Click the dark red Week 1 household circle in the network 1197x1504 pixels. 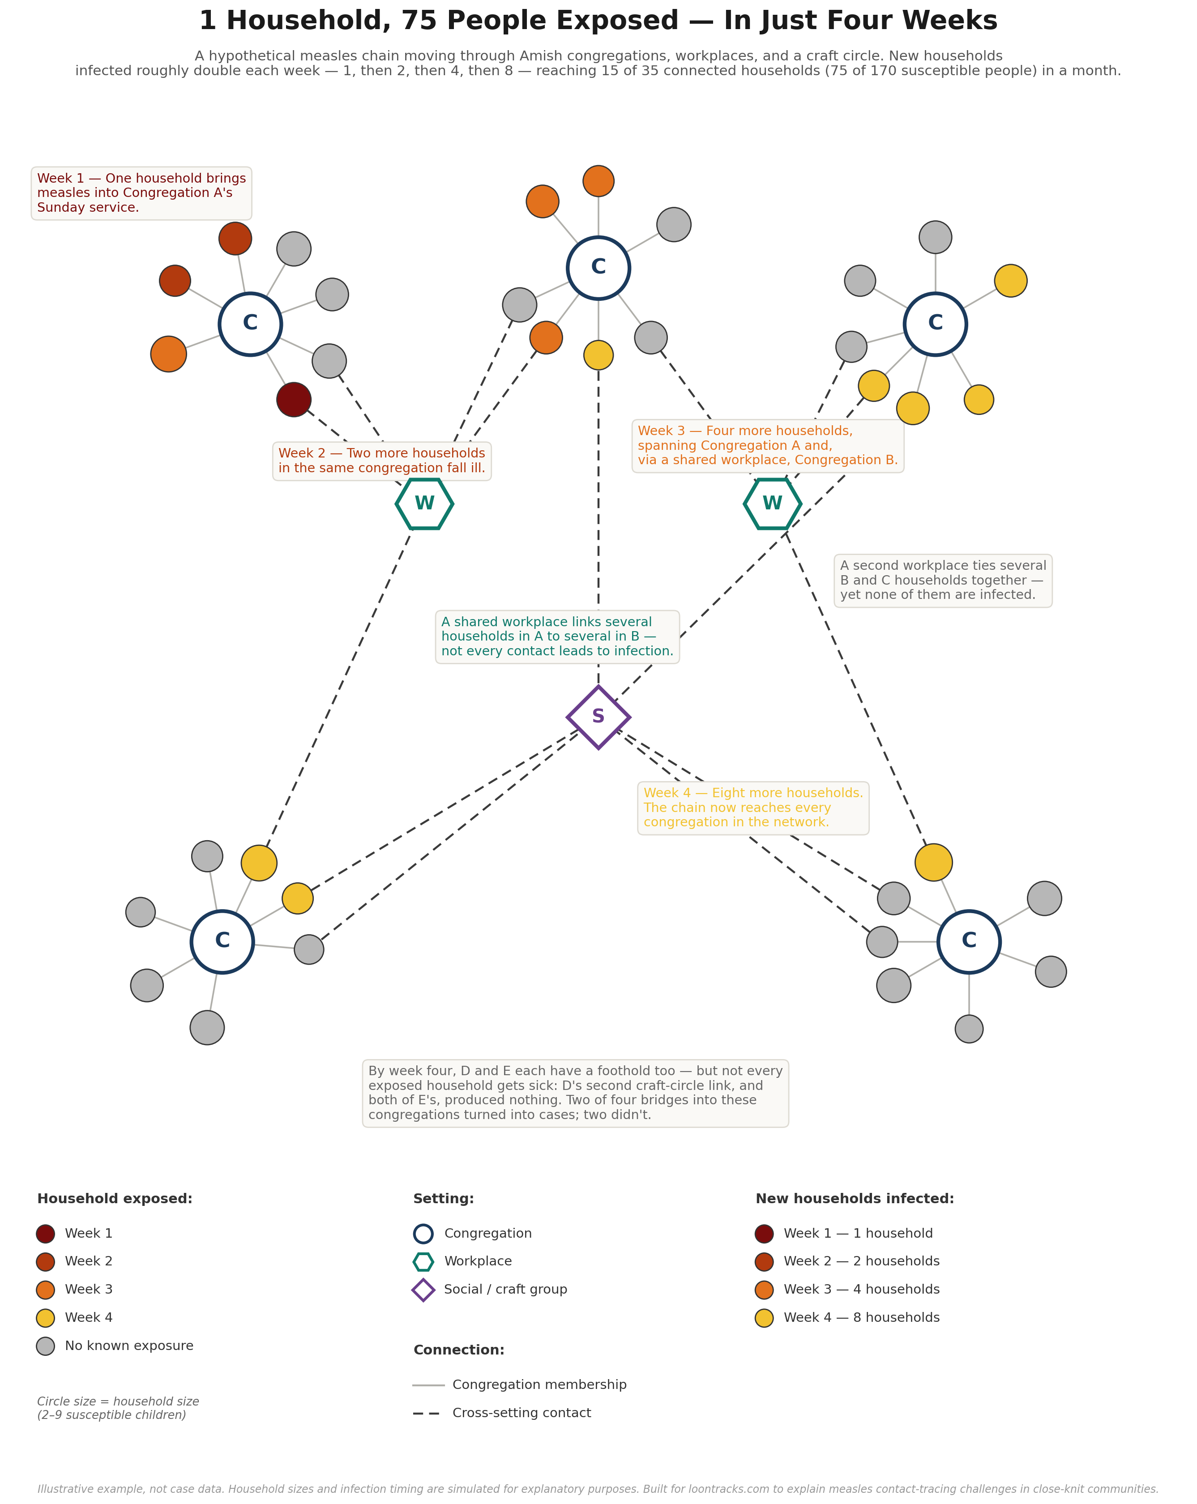(294, 400)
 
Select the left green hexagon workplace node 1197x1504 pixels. (424, 504)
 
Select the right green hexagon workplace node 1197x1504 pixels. (772, 504)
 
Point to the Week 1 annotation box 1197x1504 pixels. (141, 193)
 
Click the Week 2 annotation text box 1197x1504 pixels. (381, 461)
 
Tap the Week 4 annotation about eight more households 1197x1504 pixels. (753, 808)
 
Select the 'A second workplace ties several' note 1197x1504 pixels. (943, 581)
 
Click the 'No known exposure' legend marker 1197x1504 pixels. (45, 1346)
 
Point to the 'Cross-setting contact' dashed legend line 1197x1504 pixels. (426, 1413)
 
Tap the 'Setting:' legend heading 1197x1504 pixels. (444, 1199)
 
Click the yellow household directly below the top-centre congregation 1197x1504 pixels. (598, 355)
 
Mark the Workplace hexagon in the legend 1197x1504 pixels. (423, 1261)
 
